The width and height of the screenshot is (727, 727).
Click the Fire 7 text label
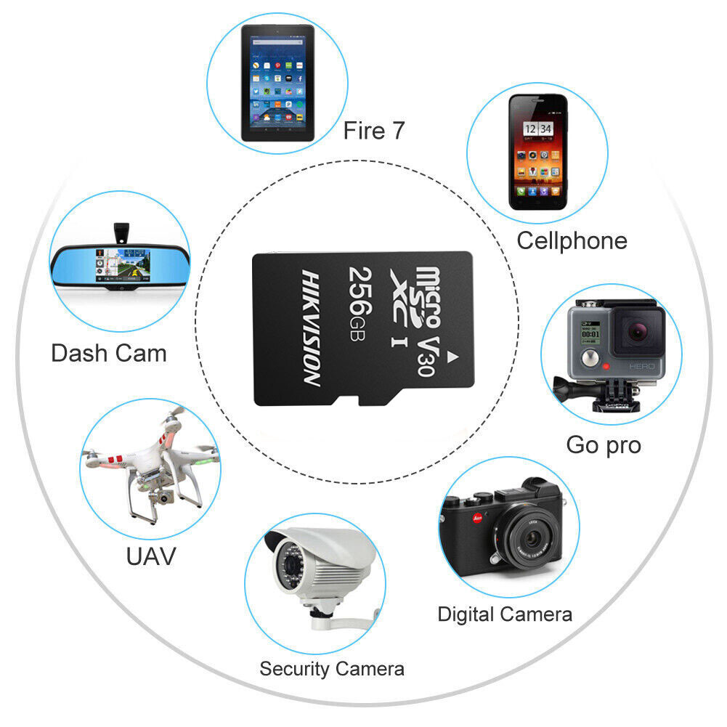tap(374, 131)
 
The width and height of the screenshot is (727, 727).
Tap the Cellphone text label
tap(572, 240)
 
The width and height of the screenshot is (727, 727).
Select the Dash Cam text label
tap(109, 354)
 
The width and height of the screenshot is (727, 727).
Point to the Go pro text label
tap(604, 444)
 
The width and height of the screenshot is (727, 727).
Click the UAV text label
tap(151, 556)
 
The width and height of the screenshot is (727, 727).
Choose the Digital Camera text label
tap(505, 614)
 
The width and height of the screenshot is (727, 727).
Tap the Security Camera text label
tap(332, 668)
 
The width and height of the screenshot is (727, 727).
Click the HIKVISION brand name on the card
tap(312, 328)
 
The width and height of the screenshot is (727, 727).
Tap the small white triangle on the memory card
tap(453, 357)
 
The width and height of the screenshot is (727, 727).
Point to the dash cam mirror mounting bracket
tap(121, 232)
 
